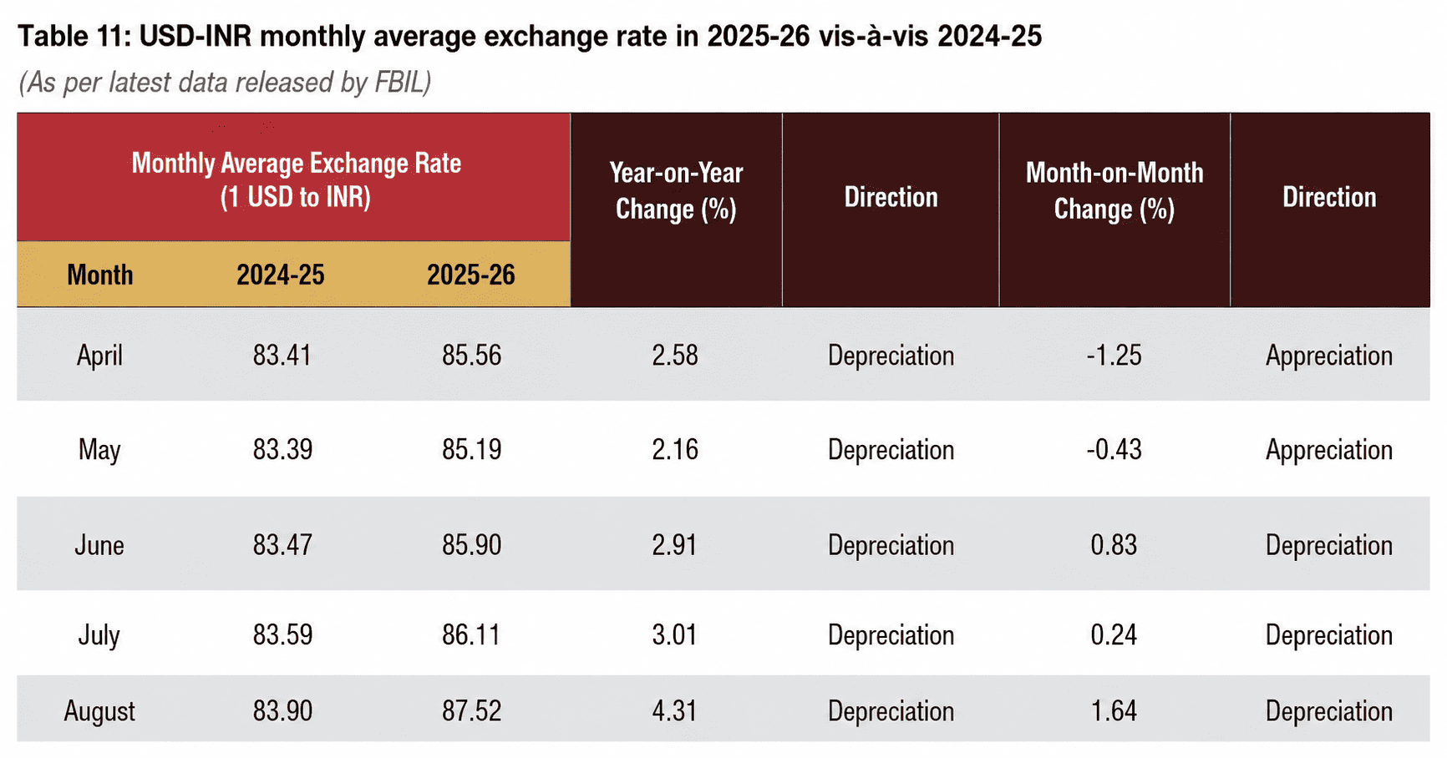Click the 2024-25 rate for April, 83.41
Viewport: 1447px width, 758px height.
click(x=282, y=356)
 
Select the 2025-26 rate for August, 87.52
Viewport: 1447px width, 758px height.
click(x=472, y=711)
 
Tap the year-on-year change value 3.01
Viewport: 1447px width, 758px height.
click(x=675, y=635)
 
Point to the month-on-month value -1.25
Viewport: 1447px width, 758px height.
click(x=1114, y=356)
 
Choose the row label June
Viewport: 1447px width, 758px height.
click(x=99, y=545)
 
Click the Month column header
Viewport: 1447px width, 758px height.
click(x=100, y=275)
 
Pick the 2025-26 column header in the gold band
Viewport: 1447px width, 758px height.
click(x=471, y=275)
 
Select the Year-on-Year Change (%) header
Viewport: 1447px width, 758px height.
click(x=676, y=190)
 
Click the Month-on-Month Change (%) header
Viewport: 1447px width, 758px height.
click(x=1114, y=190)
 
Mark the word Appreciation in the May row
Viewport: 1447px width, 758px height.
click(x=1329, y=451)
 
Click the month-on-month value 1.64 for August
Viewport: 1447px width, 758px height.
click(x=1114, y=711)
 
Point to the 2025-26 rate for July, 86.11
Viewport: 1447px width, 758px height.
click(x=471, y=635)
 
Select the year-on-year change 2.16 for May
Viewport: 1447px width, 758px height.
click(x=675, y=450)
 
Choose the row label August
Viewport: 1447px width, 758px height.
click(x=99, y=712)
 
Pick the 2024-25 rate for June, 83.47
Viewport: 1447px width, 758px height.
click(x=282, y=545)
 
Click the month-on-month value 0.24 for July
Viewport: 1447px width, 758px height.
click(x=1114, y=635)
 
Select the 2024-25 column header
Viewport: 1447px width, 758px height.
click(x=281, y=275)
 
